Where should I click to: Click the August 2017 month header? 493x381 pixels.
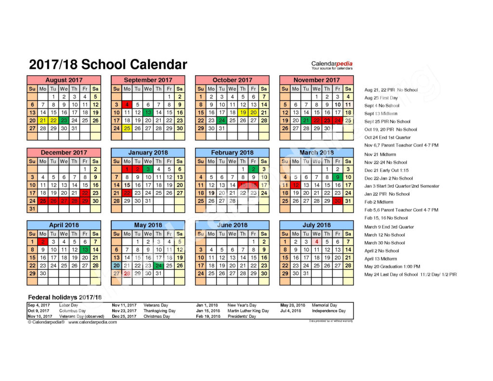pos(64,80)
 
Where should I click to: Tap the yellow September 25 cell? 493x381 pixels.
pos(127,129)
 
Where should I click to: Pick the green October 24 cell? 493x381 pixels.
pos(221,120)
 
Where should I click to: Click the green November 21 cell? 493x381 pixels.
pos(306,120)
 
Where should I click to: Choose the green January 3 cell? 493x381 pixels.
pos(148,169)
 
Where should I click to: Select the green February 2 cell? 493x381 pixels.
pos(253,169)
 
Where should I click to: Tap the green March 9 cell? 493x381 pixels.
pos(337,177)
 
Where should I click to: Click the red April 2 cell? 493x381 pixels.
pos(43,242)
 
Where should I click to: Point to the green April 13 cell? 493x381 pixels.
pos(85,250)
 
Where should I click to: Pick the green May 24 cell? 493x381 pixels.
pos(158,265)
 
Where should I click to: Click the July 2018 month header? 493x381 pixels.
pos(316,225)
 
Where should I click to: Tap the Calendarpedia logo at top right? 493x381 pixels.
pos(332,65)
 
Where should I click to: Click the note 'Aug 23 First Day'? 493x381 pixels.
pos(381,98)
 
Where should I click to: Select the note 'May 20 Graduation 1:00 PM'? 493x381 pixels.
pos(392,266)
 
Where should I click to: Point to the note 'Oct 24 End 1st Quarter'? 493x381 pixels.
pos(388,137)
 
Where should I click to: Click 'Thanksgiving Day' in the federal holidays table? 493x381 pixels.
pos(159,311)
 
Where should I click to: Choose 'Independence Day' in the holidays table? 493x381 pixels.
pos(328,311)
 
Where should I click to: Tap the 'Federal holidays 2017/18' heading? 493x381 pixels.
pos(65,297)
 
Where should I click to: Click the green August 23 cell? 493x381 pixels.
pos(64,120)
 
